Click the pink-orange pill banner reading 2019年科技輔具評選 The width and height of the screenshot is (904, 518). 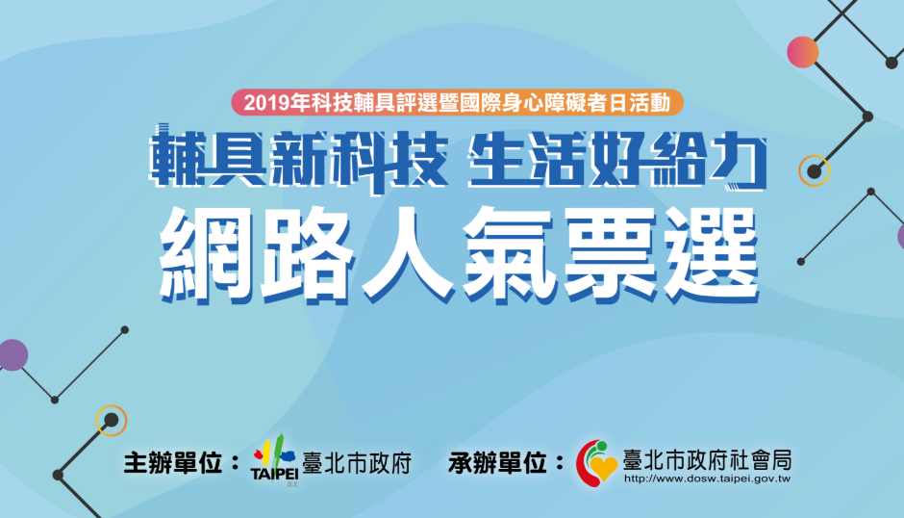[457, 103]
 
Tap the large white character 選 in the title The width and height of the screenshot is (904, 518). [713, 255]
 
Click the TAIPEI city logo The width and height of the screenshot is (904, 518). [275, 460]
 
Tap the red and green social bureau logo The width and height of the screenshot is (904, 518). [596, 463]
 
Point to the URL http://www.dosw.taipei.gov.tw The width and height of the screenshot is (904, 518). [707, 479]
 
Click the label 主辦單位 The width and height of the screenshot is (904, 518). [173, 463]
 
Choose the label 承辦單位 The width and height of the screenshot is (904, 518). [498, 463]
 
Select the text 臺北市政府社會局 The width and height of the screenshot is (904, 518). [708, 460]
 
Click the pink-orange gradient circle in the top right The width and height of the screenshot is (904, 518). [802, 52]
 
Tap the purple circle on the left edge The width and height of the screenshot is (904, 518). [13, 354]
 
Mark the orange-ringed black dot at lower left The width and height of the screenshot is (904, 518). [112, 421]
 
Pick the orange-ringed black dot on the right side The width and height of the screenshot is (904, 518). [814, 171]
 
